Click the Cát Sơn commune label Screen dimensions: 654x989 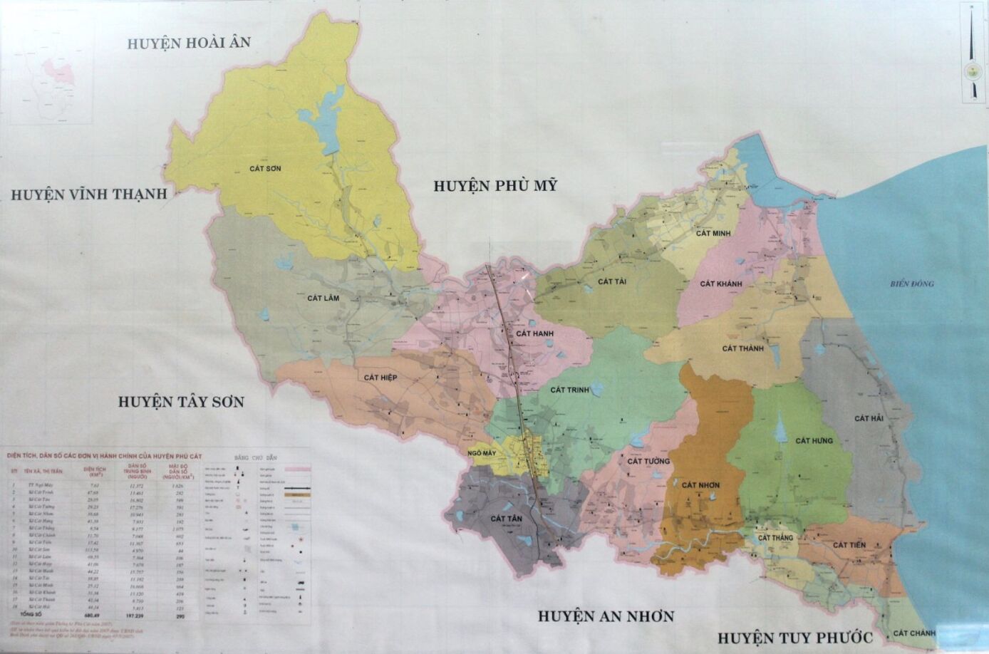tap(265, 169)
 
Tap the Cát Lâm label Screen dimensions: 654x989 tap(323, 298)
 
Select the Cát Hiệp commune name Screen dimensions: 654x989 tap(380, 378)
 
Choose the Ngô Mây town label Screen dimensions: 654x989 tap(482, 453)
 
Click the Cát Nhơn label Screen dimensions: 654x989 tap(700, 485)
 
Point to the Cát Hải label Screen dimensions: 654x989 tap(869, 418)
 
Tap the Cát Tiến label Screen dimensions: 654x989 tap(849, 545)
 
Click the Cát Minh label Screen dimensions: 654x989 tap(714, 233)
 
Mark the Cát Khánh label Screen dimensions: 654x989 tap(720, 284)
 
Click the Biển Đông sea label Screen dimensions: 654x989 tap(911, 284)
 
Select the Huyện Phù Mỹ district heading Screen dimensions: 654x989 tap(495, 186)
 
